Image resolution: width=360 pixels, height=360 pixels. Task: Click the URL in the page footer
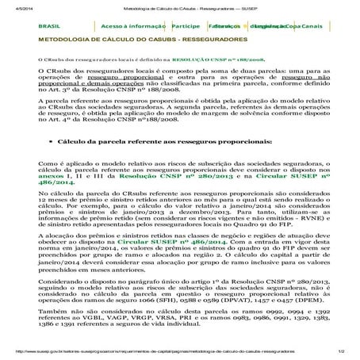(159, 351)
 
